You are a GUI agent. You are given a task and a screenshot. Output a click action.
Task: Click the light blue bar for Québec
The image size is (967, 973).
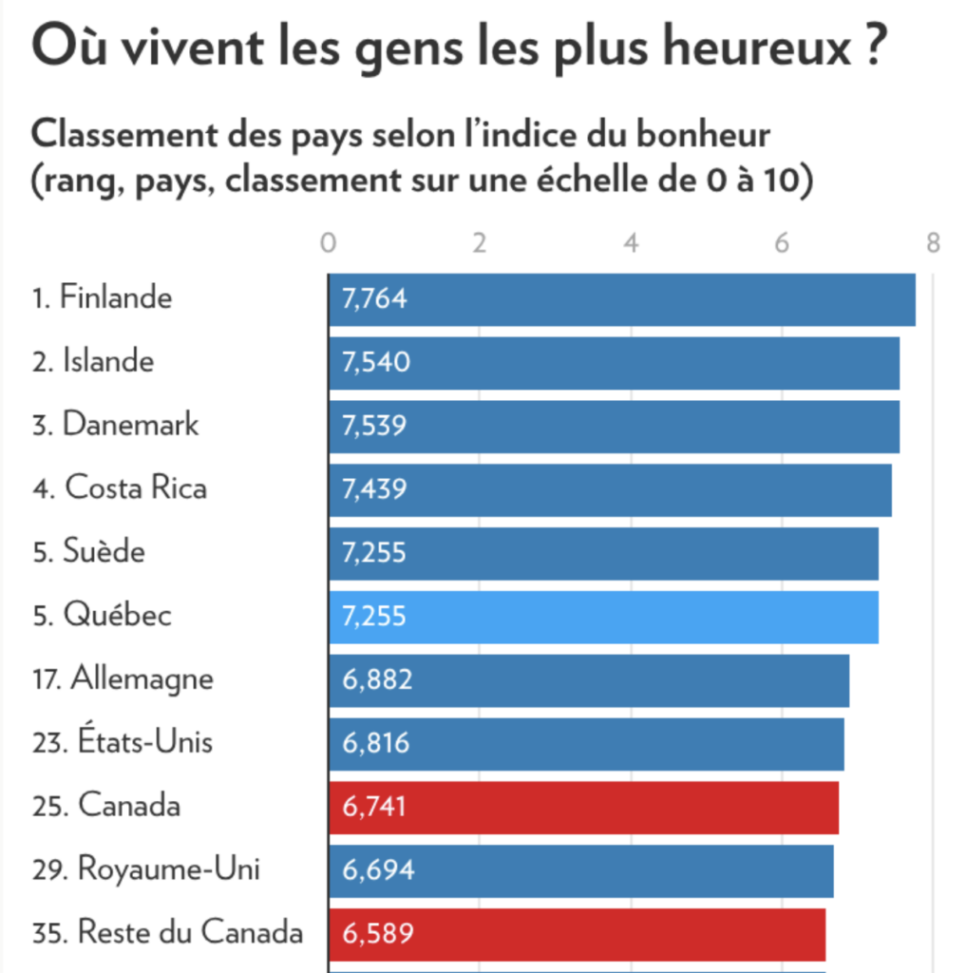point(603,616)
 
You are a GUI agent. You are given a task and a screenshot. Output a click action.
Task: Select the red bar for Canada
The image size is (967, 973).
point(583,807)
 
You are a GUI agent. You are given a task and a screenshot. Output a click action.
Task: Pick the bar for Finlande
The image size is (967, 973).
point(622,299)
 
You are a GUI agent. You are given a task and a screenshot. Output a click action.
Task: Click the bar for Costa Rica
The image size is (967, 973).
point(610,489)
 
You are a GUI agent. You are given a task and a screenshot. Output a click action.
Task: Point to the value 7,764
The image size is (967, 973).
point(374,299)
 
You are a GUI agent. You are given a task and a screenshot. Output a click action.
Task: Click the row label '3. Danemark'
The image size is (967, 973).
point(116,425)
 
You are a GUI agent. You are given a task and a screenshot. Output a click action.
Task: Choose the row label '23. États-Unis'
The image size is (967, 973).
point(123,742)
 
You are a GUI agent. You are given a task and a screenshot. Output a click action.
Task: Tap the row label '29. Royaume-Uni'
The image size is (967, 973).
point(146,869)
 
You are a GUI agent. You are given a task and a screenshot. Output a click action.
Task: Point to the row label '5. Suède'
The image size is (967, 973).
point(89,552)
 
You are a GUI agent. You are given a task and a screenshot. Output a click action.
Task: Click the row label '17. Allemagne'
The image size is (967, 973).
point(123,679)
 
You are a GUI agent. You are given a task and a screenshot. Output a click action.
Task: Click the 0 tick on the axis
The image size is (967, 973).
point(329,243)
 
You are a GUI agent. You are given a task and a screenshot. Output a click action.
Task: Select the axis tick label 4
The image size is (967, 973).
point(631,243)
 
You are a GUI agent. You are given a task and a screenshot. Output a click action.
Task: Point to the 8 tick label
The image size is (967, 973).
point(933,243)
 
